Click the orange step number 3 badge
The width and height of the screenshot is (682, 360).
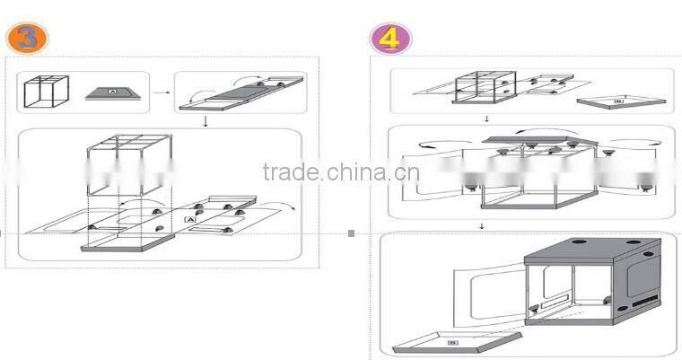click(27, 37)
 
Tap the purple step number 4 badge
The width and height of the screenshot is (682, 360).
click(391, 38)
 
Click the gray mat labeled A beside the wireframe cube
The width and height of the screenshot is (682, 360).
click(112, 92)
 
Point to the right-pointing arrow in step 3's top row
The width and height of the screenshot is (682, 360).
click(159, 91)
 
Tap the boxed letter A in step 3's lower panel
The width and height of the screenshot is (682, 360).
click(189, 219)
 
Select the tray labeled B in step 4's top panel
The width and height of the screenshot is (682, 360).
click(618, 103)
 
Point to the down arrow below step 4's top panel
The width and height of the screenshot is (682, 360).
click(486, 119)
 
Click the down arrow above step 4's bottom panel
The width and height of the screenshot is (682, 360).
click(483, 226)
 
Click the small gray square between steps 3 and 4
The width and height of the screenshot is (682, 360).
click(351, 233)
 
